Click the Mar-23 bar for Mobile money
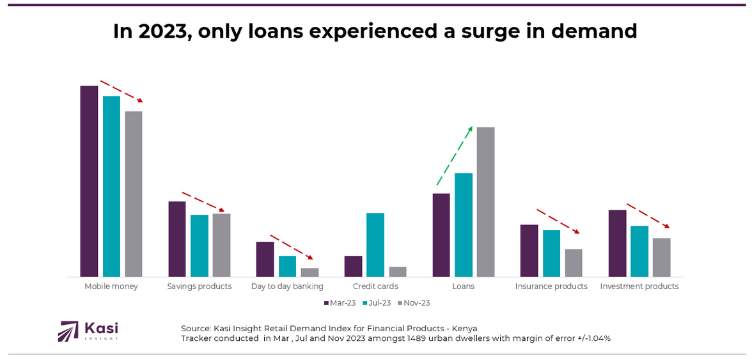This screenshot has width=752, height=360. click(89, 181)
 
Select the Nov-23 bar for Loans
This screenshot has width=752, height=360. click(485, 201)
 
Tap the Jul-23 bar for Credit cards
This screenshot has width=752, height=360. click(375, 244)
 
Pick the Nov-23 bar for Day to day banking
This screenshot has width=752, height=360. click(309, 272)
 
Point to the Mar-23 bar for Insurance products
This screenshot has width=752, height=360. click(529, 251)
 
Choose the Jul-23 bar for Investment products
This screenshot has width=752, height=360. click(639, 251)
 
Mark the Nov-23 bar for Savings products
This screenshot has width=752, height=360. click(221, 245)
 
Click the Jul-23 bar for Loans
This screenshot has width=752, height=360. click(464, 224)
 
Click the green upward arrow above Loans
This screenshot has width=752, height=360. click(454, 156)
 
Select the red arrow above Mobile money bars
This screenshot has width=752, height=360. click(121, 91)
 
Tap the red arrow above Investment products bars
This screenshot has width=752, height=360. click(648, 215)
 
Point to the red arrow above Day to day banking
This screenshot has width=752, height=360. click(291, 246)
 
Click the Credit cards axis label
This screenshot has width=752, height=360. click(375, 286)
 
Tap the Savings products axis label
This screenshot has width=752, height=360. click(199, 286)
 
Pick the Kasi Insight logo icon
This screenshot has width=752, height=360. click(68, 331)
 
